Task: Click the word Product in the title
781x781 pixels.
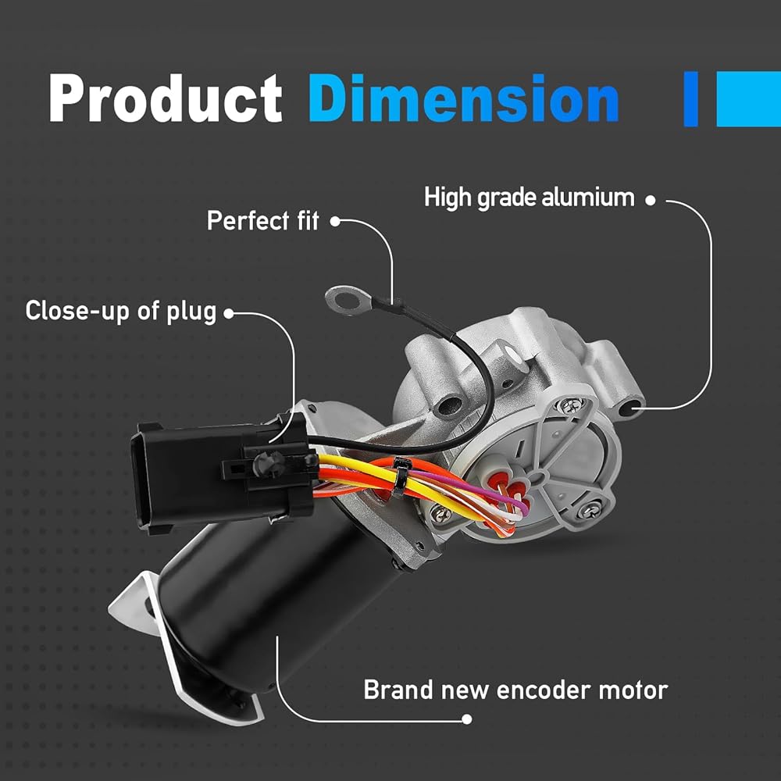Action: pyautogui.click(x=166, y=98)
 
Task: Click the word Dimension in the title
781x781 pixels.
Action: pyautogui.click(x=464, y=98)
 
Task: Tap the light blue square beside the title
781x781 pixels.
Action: pyautogui.click(x=749, y=98)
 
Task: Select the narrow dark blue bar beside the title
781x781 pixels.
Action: pyautogui.click(x=691, y=98)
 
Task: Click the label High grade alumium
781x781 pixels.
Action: pyautogui.click(x=530, y=198)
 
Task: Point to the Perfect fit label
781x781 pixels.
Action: pyautogui.click(x=263, y=221)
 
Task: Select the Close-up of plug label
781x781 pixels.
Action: pyautogui.click(x=121, y=312)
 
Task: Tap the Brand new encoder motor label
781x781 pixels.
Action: pyautogui.click(x=515, y=690)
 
